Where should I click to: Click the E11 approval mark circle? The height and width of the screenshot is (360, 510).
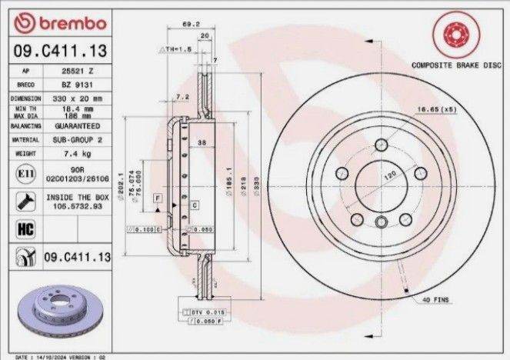(22, 175)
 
